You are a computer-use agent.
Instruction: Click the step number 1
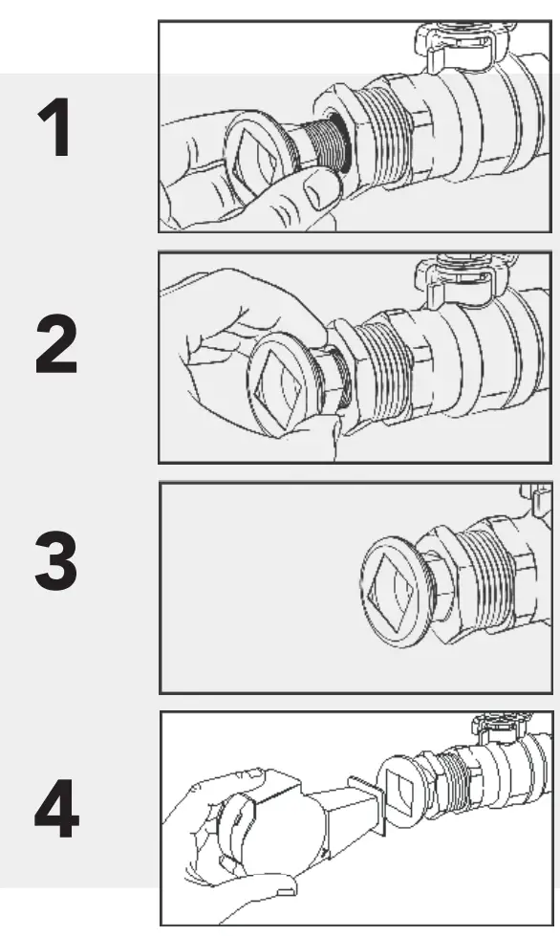coord(56,128)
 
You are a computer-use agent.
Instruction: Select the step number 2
coord(56,345)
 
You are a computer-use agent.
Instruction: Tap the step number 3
coord(55,561)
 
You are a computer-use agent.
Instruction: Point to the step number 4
coord(56,808)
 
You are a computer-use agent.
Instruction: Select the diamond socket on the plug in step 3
coord(392,591)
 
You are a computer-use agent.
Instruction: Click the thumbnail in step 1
coord(318,192)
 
